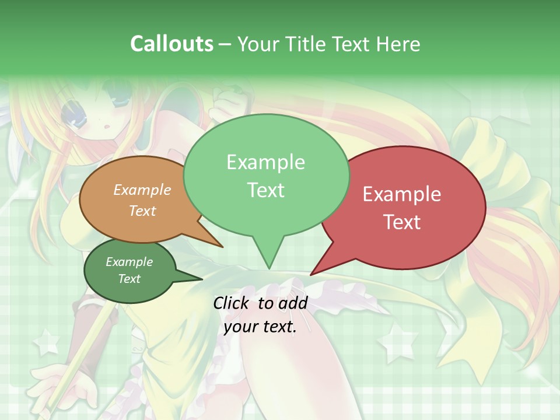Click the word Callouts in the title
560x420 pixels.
(172, 44)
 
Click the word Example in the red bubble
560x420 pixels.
(402, 194)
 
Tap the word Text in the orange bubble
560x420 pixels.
(142, 211)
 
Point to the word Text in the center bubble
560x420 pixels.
(266, 190)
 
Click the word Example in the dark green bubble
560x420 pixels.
(129, 262)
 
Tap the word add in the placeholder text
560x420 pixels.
(293, 303)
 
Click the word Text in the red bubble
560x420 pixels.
(402, 222)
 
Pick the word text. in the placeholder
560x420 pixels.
(279, 327)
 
